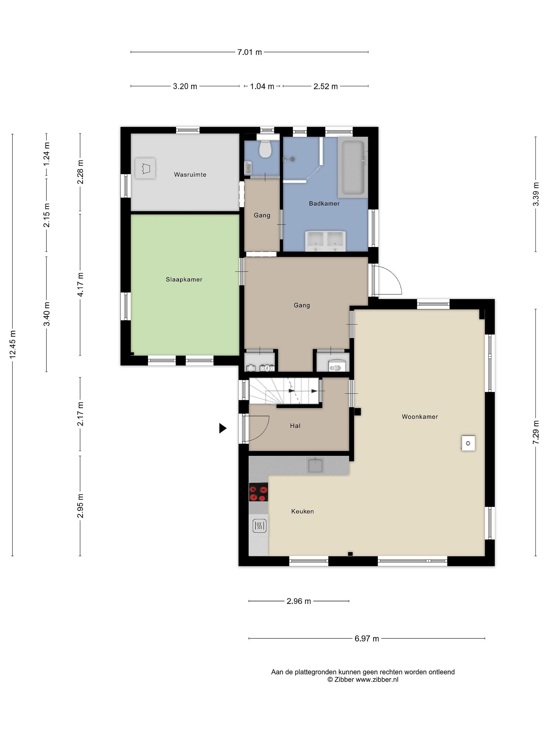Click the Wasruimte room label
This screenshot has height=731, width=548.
(190, 174)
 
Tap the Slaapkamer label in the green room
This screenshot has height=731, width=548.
(184, 279)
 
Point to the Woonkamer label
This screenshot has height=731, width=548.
(420, 417)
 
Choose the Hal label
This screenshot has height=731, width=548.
(295, 426)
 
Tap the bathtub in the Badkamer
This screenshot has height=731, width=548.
(353, 168)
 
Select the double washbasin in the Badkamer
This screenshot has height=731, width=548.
(326, 241)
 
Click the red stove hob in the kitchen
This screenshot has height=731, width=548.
(258, 492)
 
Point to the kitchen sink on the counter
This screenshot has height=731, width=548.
(315, 465)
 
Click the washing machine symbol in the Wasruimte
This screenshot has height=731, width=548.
(145, 168)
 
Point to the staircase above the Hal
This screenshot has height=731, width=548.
(284, 391)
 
